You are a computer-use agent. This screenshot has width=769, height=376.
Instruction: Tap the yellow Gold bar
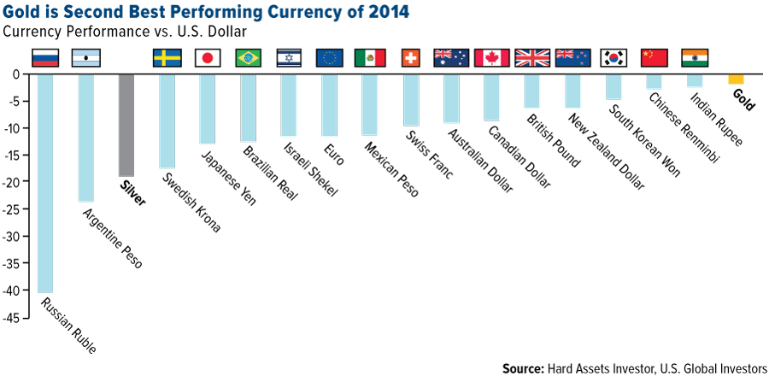tap(736, 79)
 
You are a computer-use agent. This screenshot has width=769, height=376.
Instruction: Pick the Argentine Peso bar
tap(85, 138)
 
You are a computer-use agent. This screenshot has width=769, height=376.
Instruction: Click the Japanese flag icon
tap(208, 58)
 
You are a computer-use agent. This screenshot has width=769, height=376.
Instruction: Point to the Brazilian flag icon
tap(248, 58)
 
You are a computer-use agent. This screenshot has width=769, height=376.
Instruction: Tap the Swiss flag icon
tap(409, 58)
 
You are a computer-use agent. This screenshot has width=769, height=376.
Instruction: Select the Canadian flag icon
tap(491, 58)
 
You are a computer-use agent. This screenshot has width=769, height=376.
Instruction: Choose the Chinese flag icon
tap(654, 58)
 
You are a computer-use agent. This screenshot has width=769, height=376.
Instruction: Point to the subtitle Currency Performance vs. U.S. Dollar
tap(125, 32)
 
